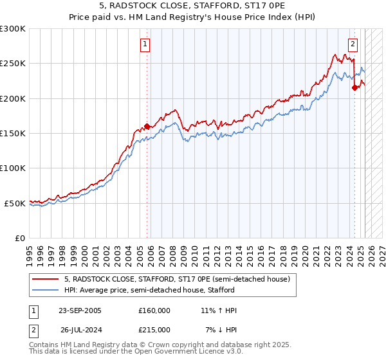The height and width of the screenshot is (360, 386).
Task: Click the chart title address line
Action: click(193, 7)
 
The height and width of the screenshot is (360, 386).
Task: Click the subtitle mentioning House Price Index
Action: click(193, 18)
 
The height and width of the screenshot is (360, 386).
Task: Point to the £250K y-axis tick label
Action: click(13, 64)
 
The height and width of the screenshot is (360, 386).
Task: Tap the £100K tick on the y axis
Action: click(13, 168)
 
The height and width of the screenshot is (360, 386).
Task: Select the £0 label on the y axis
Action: click(19, 238)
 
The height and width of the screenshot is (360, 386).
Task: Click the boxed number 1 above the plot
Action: click(145, 44)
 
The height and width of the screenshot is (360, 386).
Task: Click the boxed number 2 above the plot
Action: click(353, 44)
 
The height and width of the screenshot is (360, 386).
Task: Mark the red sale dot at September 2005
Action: click(147, 127)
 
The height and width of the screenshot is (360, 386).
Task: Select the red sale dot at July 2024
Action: click(354, 89)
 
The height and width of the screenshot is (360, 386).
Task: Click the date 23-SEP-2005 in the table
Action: click(80, 310)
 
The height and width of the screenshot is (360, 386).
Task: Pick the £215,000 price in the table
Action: click(154, 329)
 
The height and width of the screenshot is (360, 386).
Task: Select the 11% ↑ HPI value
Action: click(219, 310)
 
